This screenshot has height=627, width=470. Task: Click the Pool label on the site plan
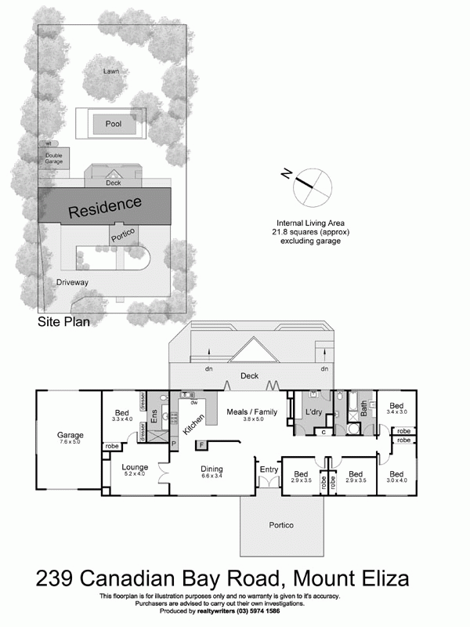[x=114, y=124]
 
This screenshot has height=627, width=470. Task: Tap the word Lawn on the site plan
[x=114, y=71]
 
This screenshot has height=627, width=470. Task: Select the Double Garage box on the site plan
[x=54, y=159]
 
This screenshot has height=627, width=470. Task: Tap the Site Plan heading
[x=64, y=321]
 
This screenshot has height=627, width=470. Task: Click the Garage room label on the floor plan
[x=69, y=435]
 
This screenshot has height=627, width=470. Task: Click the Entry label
[x=269, y=469]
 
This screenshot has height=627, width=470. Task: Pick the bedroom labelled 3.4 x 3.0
[x=396, y=408]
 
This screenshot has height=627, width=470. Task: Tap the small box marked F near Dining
[x=201, y=445]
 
